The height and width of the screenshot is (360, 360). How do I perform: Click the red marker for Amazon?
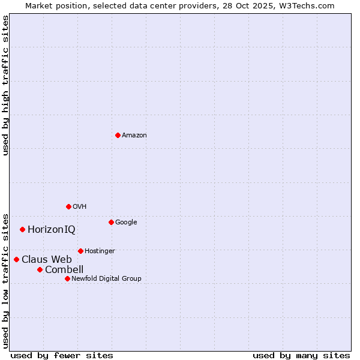pos(118,135)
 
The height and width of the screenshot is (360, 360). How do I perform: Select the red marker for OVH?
pos(68,206)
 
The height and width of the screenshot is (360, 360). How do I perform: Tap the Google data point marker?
pos(111,222)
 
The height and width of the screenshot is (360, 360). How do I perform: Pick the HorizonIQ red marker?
pos(22,229)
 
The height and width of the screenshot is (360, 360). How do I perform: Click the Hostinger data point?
pos(80,251)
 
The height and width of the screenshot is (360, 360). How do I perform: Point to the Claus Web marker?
pos(16,259)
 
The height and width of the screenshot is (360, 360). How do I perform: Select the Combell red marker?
pos(40,269)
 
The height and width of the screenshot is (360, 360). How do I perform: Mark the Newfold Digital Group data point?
pos(67,278)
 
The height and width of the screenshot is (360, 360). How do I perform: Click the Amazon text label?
pos(134,136)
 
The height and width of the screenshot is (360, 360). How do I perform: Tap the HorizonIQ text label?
pos(52,230)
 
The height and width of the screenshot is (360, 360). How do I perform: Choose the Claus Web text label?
pos(47,260)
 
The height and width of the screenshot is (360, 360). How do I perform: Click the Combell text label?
pos(64,270)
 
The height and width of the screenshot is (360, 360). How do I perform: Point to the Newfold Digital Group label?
pos(106,279)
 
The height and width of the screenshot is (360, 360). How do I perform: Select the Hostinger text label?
pos(100,251)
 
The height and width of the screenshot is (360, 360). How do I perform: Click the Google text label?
pos(126,223)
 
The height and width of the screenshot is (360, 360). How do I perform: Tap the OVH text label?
pos(80,207)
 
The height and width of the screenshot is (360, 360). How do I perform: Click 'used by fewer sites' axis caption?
pos(62,355)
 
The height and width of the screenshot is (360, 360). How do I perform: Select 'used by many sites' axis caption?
pos(301,355)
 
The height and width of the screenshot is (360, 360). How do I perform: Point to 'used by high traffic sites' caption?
pos(5,85)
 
